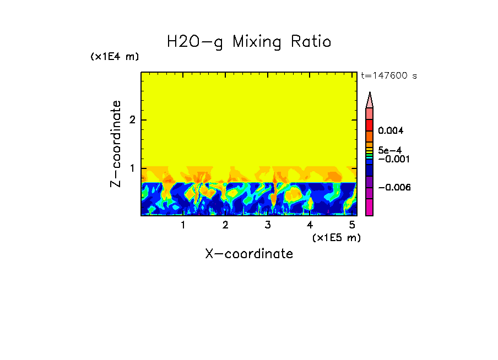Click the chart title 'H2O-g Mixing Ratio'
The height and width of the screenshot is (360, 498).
click(249, 42)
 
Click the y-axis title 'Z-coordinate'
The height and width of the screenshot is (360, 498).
click(116, 144)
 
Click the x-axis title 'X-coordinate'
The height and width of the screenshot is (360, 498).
click(249, 254)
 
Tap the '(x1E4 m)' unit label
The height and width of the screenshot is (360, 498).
click(115, 57)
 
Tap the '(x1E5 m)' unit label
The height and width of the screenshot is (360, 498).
click(336, 237)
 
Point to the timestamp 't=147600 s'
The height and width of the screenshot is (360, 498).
click(388, 76)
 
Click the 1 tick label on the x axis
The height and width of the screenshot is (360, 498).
click(183, 225)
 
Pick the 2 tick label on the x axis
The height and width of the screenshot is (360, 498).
click(225, 225)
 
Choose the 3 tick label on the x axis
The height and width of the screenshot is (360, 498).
click(268, 225)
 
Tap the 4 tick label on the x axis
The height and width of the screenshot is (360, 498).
click(310, 225)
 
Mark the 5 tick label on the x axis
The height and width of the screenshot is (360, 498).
click(352, 225)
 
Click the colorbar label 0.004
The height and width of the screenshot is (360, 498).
click(391, 131)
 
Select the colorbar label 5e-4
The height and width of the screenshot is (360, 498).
click(389, 150)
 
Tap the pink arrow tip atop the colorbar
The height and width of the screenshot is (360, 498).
click(370, 100)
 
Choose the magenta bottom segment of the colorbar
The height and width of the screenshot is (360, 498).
click(370, 207)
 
